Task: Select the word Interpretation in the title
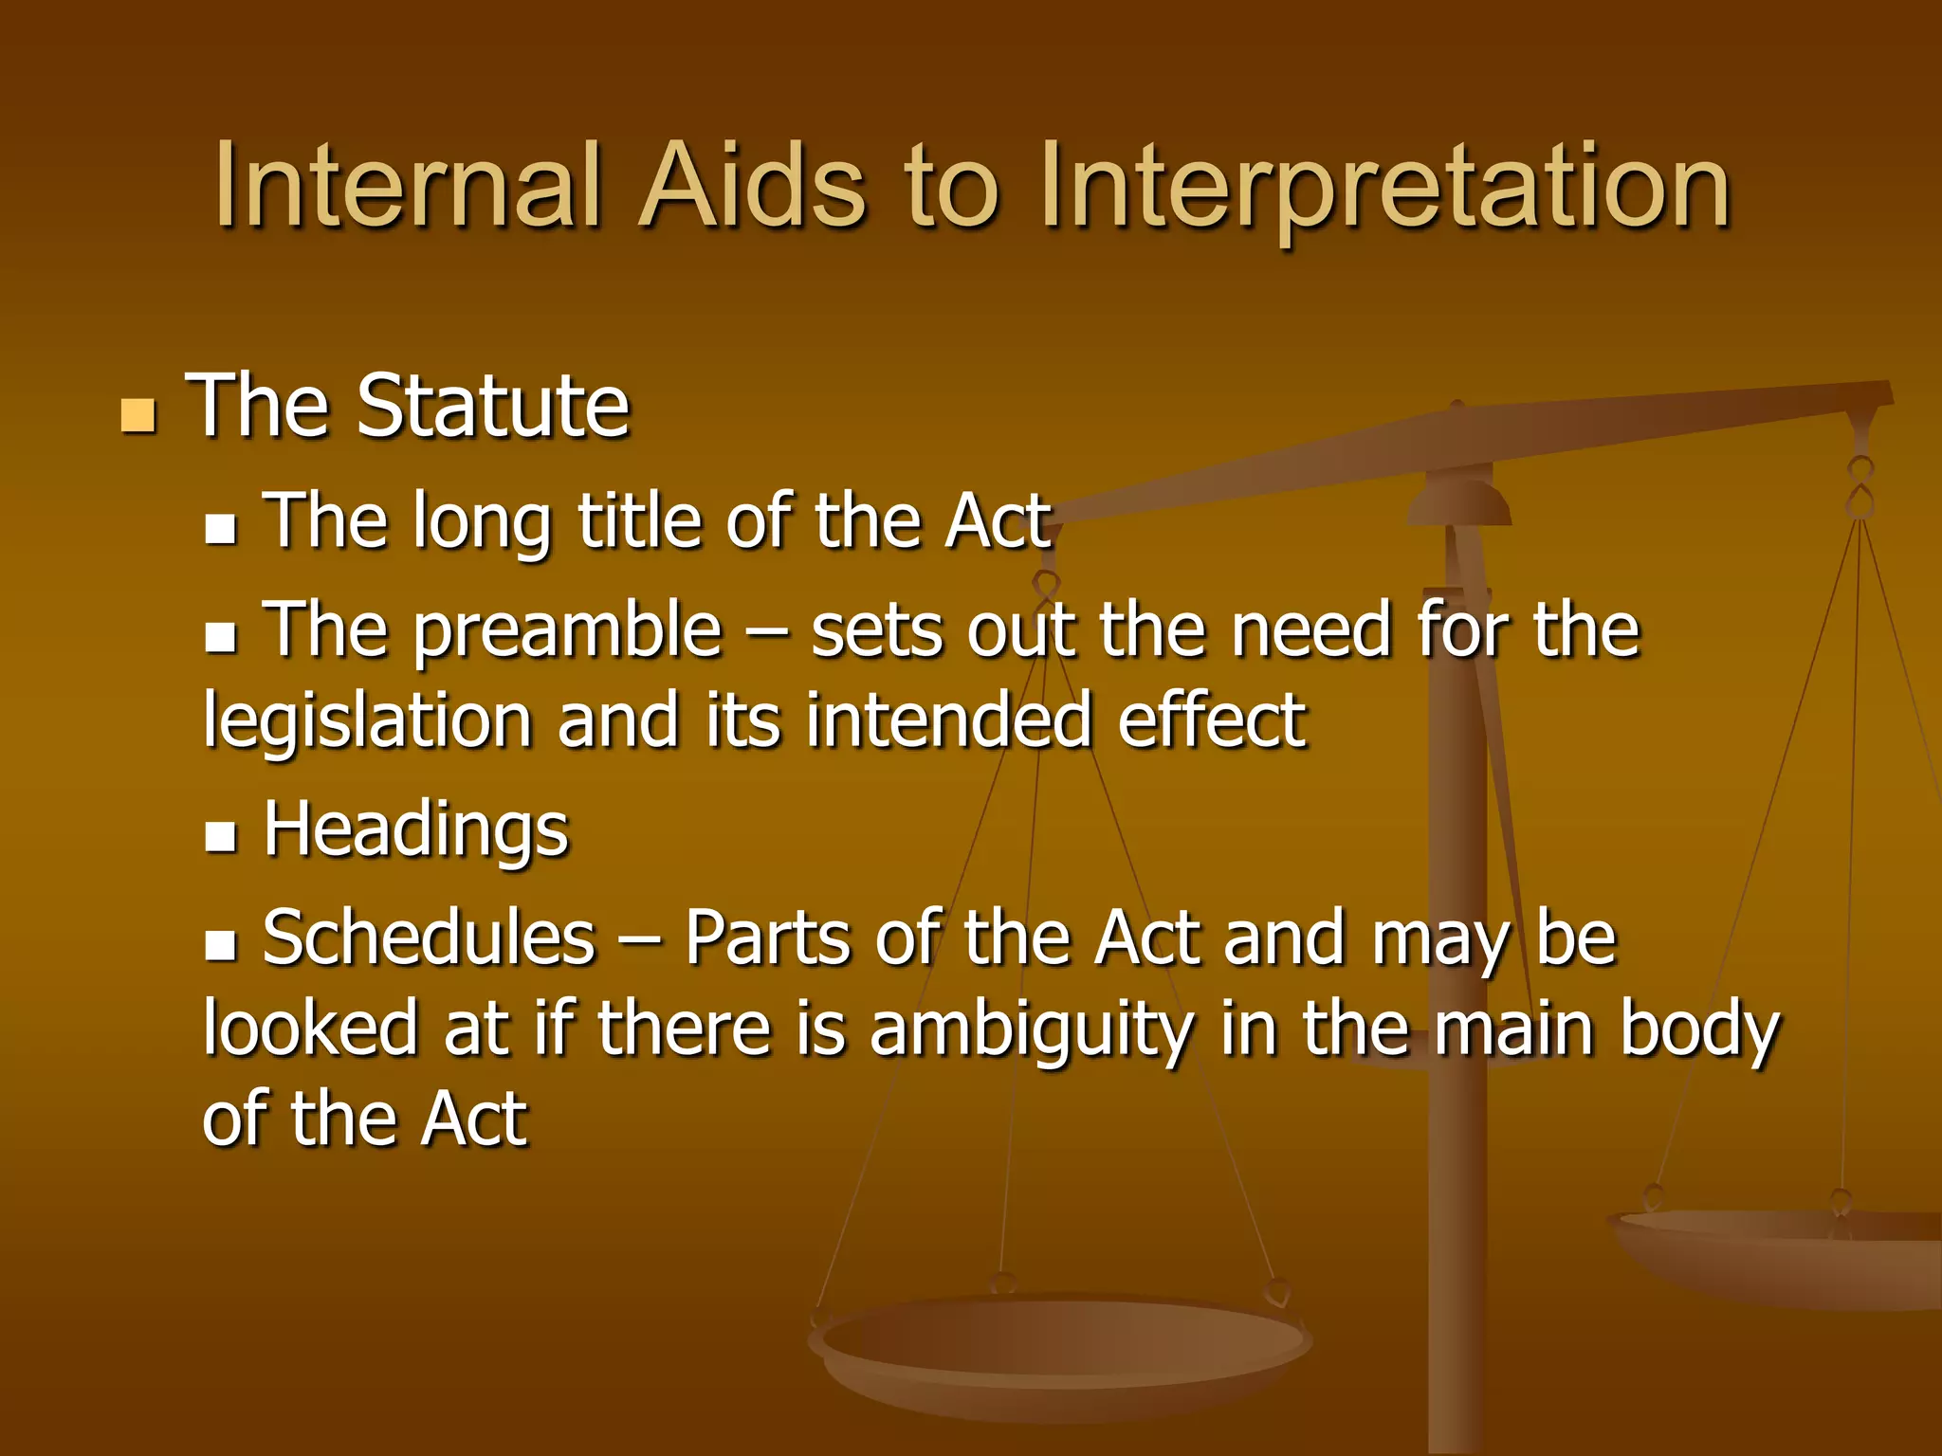point(1384,187)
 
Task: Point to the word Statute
point(492,406)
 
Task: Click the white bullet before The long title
point(220,528)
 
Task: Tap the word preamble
point(567,630)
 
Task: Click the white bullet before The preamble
point(220,637)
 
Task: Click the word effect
point(1211,719)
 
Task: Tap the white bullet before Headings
point(220,836)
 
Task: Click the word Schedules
point(429,937)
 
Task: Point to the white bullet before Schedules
point(220,945)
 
